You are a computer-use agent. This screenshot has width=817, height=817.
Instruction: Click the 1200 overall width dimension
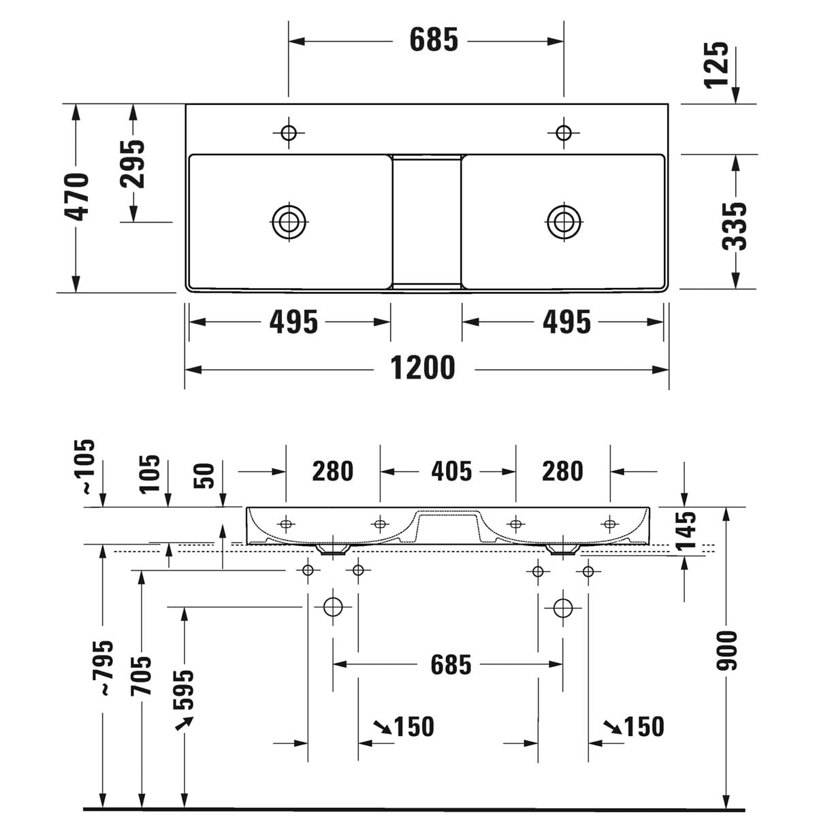[422, 368]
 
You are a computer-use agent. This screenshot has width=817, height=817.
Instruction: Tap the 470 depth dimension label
[77, 197]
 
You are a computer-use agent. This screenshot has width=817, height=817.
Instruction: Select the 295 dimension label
[132, 164]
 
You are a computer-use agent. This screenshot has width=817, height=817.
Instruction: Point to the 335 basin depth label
[735, 226]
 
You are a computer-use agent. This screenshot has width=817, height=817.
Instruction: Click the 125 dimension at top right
[716, 65]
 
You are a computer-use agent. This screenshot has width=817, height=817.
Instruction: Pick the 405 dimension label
[451, 471]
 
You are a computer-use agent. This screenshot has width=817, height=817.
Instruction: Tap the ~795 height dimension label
[102, 668]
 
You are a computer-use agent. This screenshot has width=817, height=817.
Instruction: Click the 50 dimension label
[204, 476]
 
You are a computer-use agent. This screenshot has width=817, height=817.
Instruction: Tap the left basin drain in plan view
[289, 222]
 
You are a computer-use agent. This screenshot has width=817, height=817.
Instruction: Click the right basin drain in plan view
[564, 222]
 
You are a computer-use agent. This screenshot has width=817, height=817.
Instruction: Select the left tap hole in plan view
[289, 133]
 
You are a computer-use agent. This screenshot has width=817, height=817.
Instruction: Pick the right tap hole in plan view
[564, 133]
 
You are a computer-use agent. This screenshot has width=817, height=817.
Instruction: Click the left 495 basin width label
[293, 322]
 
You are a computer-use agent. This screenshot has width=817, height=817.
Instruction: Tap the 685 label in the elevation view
[451, 664]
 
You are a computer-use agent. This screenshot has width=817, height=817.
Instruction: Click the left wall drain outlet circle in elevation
[333, 607]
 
